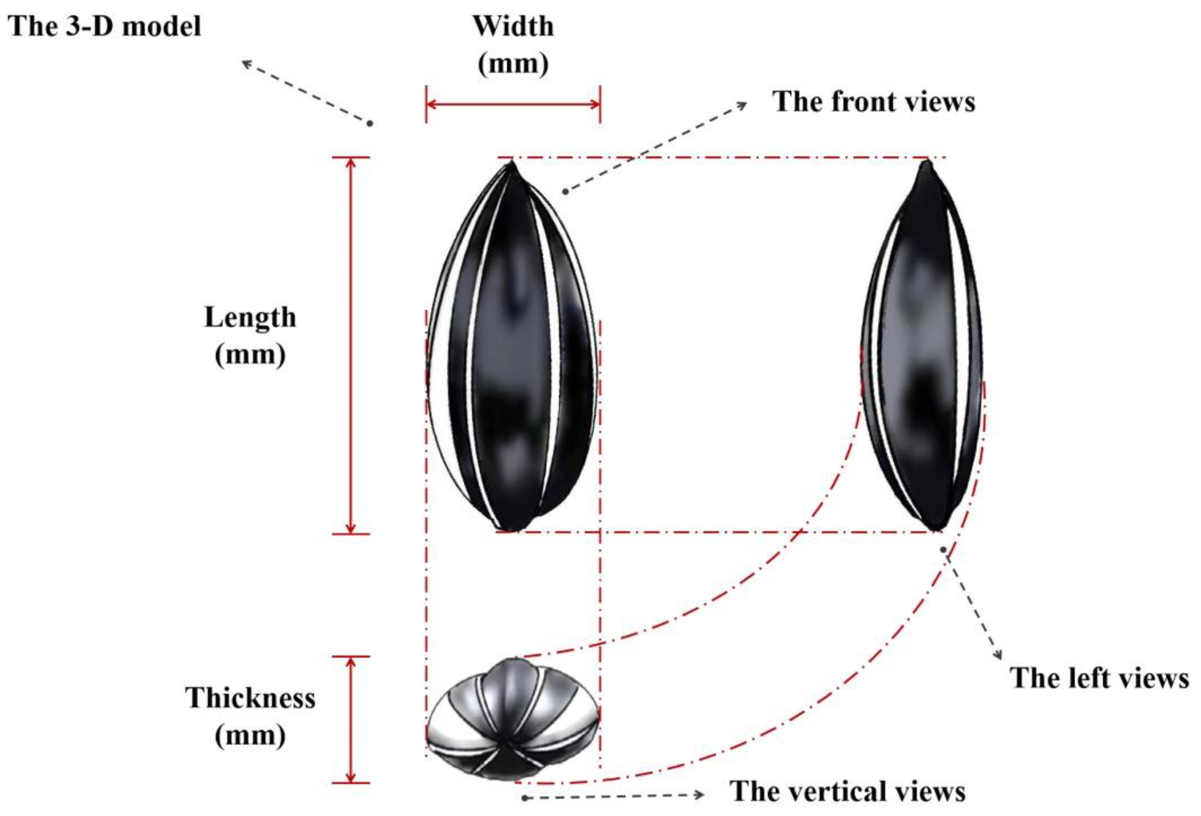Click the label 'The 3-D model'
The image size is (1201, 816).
pyautogui.click(x=105, y=27)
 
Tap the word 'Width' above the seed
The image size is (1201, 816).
pyautogui.click(x=513, y=27)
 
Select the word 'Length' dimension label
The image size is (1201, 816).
pyautogui.click(x=250, y=318)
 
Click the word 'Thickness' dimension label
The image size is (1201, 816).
pyautogui.click(x=250, y=698)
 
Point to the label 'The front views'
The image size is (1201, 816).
pyautogui.click(x=873, y=102)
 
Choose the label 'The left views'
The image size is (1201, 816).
pyautogui.click(x=1099, y=678)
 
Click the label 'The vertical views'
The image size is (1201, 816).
pyautogui.click(x=847, y=791)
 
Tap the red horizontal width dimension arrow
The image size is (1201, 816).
pyautogui.click(x=513, y=105)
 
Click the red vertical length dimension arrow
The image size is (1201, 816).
pyautogui.click(x=351, y=345)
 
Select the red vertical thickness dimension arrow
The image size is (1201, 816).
pyautogui.click(x=351, y=719)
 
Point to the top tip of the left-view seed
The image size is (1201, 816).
pyautogui.click(x=926, y=163)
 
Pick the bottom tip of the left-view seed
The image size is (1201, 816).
pyautogui.click(x=936, y=529)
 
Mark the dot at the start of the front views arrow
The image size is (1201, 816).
pyautogui.click(x=566, y=192)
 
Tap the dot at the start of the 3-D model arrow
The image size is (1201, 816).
pyautogui.click(x=370, y=124)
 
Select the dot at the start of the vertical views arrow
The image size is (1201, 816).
pyautogui.click(x=524, y=798)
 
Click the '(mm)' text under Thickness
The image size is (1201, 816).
pyautogui.click(x=250, y=735)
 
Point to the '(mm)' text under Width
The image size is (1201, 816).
pyautogui.click(x=513, y=64)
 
